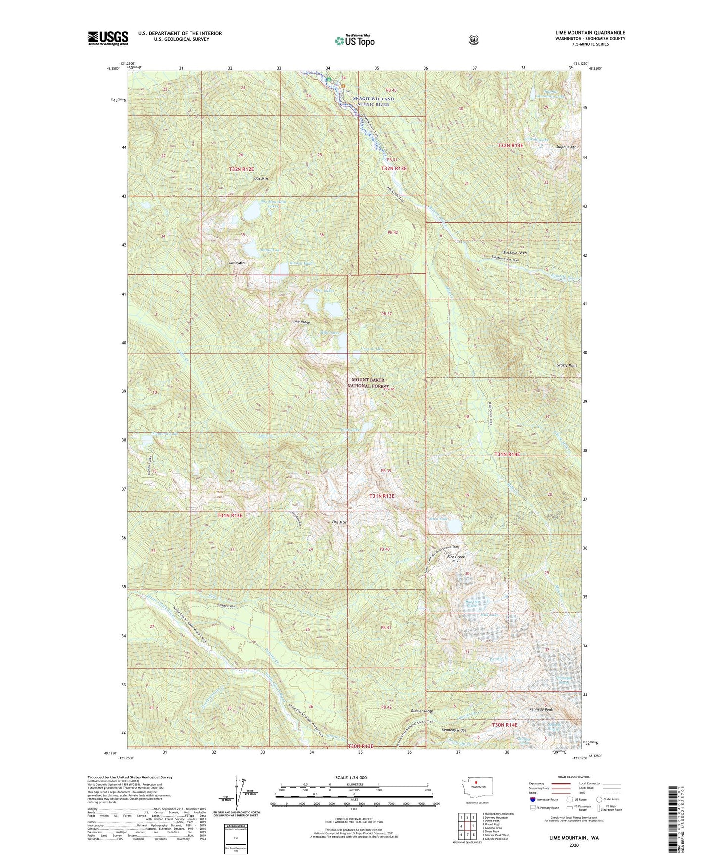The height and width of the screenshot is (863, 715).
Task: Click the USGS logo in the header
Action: point(108,38)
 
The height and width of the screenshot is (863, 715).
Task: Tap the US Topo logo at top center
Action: point(355,41)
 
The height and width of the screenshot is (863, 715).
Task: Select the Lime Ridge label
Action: point(301,322)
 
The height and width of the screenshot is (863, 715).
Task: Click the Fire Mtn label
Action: point(339,522)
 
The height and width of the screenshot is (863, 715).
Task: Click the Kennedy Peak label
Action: point(541,709)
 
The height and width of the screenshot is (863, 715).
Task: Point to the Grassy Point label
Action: point(567,365)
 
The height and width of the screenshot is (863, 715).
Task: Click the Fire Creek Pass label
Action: point(456,559)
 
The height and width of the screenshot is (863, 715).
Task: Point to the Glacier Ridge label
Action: point(422,711)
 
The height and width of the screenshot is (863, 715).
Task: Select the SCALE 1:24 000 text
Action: point(351,777)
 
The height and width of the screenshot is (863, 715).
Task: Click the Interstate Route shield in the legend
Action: point(532,799)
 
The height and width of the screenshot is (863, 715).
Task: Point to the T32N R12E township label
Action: point(241,169)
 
